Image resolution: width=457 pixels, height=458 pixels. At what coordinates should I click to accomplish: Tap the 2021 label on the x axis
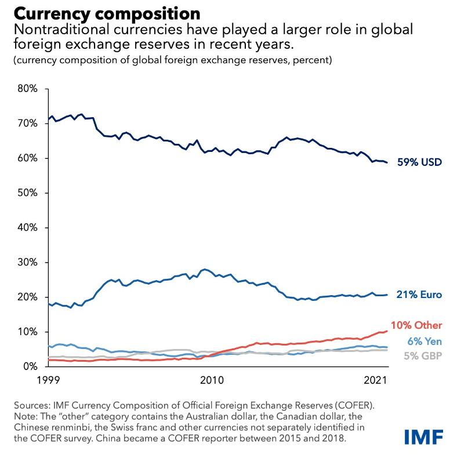[375, 380]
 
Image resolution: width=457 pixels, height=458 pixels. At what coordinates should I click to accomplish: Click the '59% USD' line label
[419, 162]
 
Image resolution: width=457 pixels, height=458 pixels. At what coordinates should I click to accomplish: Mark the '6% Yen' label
[423, 340]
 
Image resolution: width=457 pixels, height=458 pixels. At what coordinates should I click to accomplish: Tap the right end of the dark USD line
[387, 162]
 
